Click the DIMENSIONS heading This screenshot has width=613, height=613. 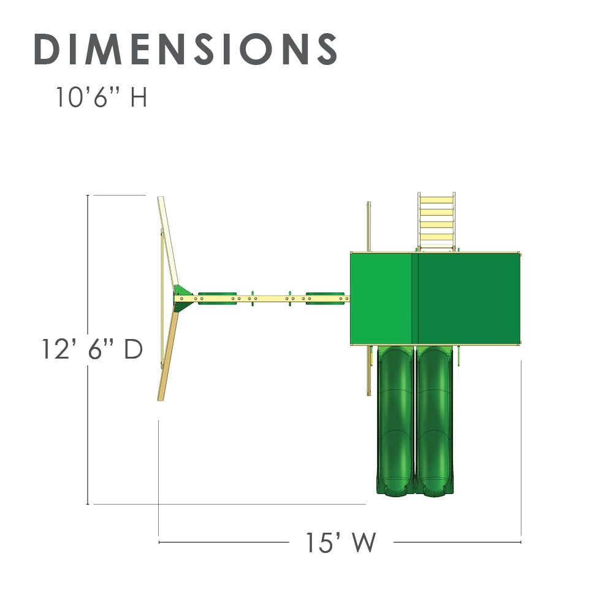[x=185, y=49]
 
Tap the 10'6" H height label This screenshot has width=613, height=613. [x=101, y=97]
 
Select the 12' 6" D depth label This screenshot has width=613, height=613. [x=92, y=349]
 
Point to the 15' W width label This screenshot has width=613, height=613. [x=340, y=543]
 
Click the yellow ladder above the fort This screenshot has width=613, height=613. [x=436, y=221]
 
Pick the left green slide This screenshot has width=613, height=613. [x=395, y=421]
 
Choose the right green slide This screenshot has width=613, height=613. [x=435, y=421]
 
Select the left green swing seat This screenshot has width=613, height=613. [x=218, y=299]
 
